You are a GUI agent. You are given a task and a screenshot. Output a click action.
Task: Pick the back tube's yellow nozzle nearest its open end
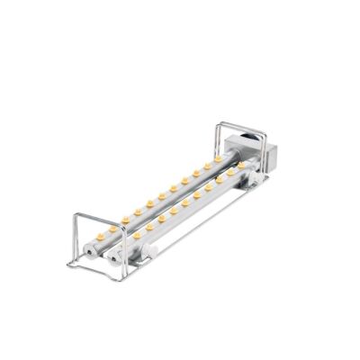pos(101,234)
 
